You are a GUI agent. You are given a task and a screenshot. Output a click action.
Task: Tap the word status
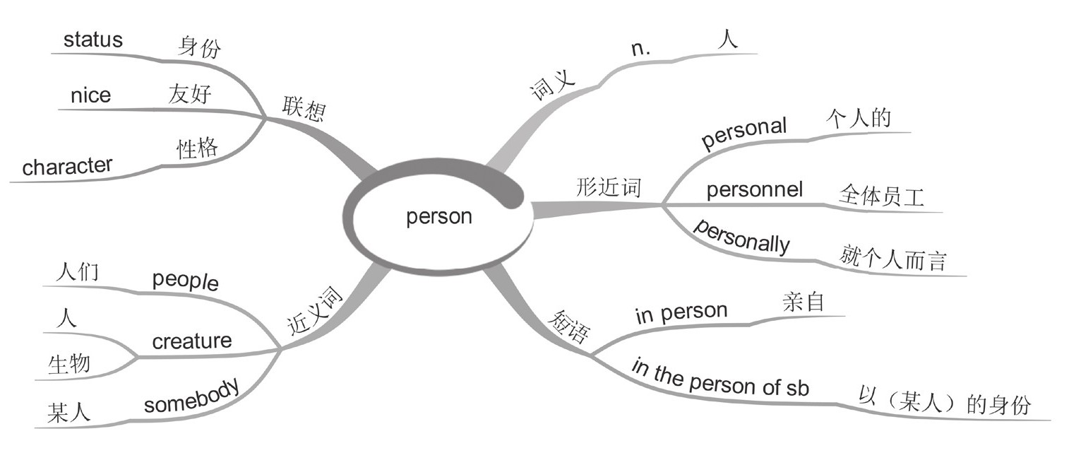coord(92,40)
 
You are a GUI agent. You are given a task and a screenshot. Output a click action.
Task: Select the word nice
coord(90,95)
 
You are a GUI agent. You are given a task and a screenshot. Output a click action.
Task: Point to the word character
coord(67,167)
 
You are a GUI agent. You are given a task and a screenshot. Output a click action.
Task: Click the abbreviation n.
coord(640,49)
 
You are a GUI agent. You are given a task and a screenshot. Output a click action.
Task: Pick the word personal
coord(743,132)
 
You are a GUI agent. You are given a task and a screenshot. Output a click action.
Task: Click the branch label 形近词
coord(609,187)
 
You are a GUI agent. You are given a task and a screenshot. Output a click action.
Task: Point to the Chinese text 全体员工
coord(882,195)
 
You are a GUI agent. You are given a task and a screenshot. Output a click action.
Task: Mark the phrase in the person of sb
coord(719,380)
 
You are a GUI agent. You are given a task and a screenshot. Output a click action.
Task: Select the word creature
coord(192,341)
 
